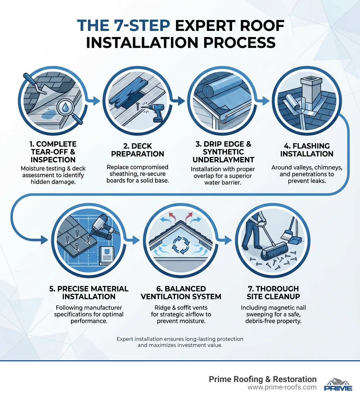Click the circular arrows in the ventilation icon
181,245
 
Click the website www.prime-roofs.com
282,387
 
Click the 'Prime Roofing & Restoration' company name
262,379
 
